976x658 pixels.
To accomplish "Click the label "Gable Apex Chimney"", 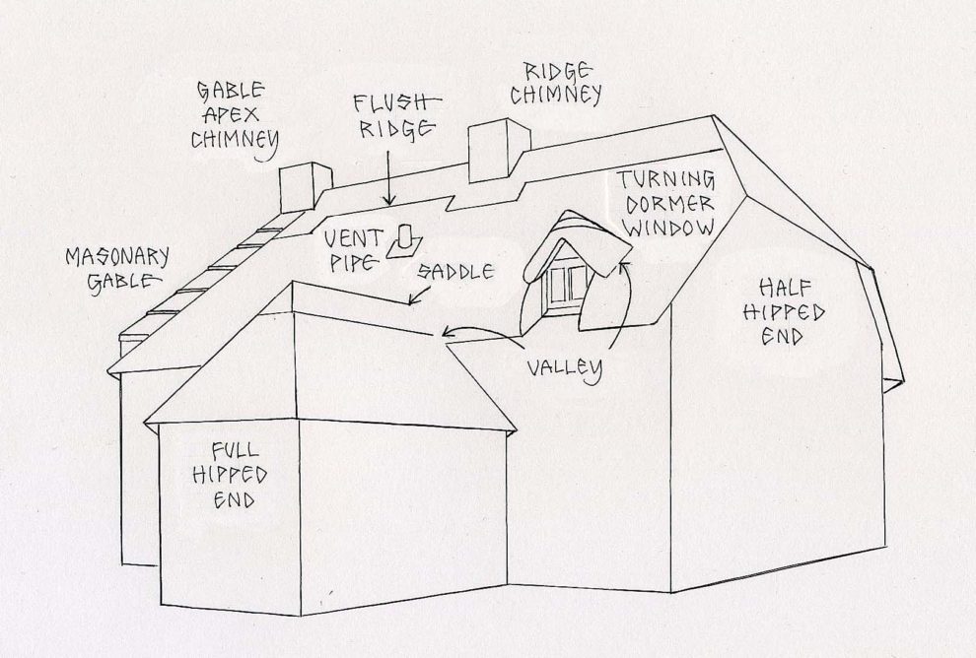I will coord(233,116).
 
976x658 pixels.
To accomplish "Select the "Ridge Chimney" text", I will coord(562,83).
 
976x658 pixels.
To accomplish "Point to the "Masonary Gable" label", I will coord(117,269).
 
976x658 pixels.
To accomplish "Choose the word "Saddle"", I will coord(454,271).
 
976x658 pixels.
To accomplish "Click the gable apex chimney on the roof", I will coord(304,187).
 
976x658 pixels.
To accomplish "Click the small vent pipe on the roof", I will coord(404,241).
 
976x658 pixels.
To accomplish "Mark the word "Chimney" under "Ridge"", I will coord(562,96).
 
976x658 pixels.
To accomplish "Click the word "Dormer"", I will coord(665,204).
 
